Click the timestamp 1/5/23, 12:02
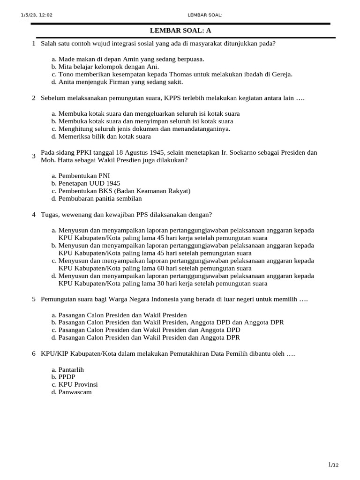(37, 15)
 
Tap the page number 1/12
(333, 465)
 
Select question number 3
(34, 156)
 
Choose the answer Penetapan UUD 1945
(89, 183)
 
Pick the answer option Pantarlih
(71, 369)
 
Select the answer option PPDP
(67, 377)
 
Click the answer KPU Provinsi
(78, 384)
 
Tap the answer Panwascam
(75, 392)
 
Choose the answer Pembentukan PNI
(84, 176)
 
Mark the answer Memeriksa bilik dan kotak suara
(105, 136)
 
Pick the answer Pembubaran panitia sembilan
(100, 198)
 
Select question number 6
(34, 353)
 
